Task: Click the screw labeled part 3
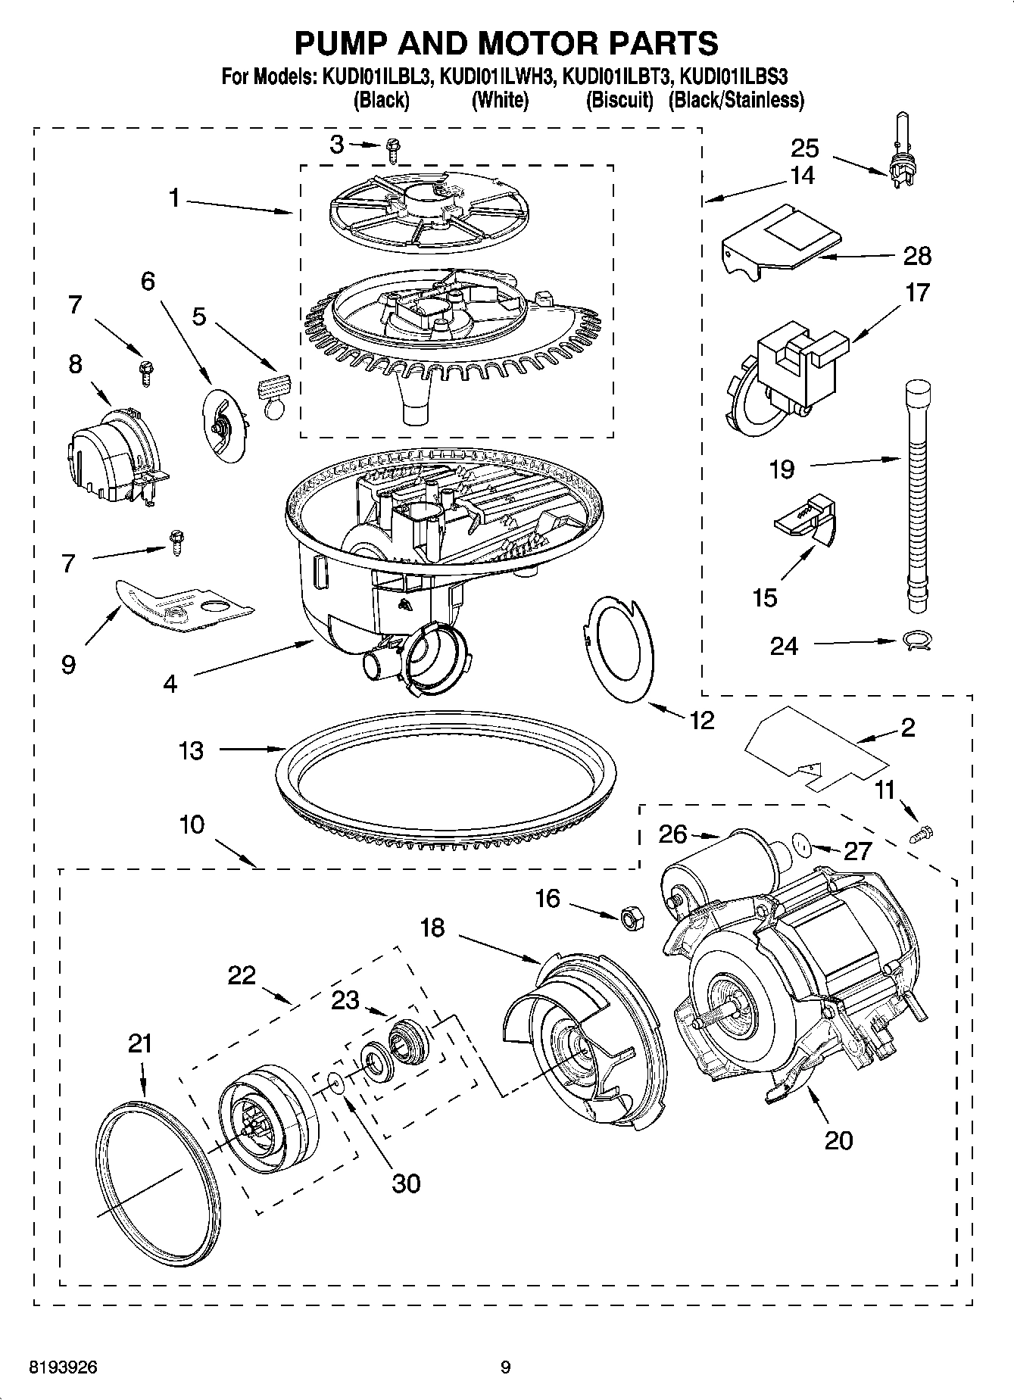click(392, 150)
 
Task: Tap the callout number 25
click(805, 148)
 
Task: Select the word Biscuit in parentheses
click(619, 100)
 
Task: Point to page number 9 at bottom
click(506, 1367)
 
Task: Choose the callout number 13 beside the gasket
click(191, 750)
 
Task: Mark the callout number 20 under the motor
click(838, 1140)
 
